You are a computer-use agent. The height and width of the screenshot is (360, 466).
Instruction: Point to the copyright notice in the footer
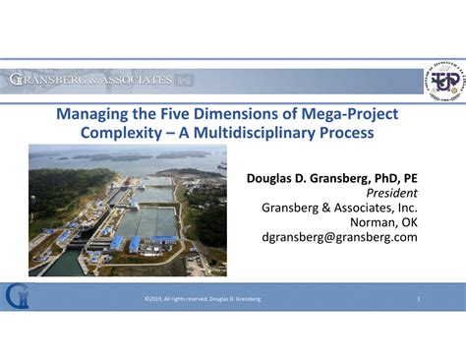(x=202, y=298)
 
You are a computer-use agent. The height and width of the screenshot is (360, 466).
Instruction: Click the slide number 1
(x=418, y=298)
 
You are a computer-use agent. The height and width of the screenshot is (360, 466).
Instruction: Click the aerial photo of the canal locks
(x=127, y=210)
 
